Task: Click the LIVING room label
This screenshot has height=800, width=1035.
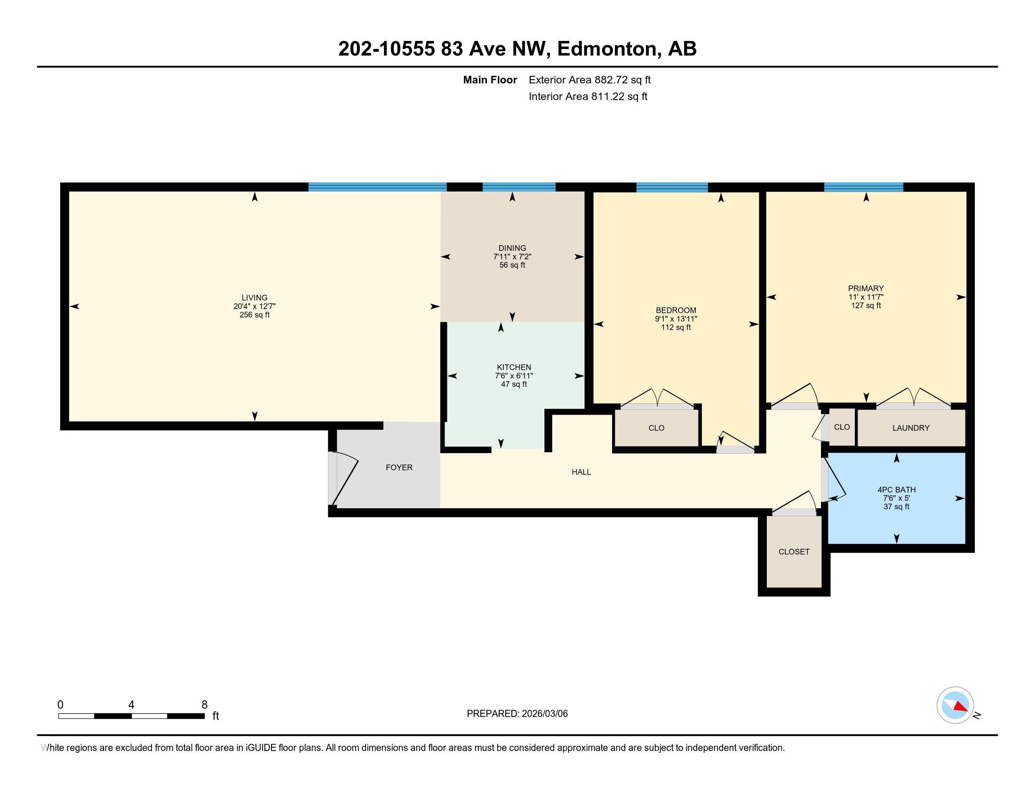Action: click(x=255, y=297)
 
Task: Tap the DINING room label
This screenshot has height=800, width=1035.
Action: click(x=512, y=248)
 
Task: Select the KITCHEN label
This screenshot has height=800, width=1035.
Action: click(x=514, y=368)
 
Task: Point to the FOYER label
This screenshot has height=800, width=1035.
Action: click(x=399, y=467)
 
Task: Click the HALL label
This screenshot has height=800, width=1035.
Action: click(x=581, y=472)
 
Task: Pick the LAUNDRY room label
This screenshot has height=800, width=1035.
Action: click(x=911, y=428)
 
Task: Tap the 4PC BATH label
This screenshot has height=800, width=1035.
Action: click(x=897, y=489)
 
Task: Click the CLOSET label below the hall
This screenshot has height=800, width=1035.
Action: click(x=794, y=552)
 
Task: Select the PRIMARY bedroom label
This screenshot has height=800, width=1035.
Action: click(x=866, y=288)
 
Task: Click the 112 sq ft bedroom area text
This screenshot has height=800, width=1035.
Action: click(x=676, y=328)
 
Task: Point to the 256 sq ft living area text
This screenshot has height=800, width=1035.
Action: click(x=255, y=315)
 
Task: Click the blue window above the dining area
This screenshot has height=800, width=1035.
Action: click(x=519, y=187)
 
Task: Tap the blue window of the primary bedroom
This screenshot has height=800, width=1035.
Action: click(x=863, y=187)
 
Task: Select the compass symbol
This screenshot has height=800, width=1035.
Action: click(x=955, y=705)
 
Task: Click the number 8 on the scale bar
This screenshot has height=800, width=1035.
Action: click(x=205, y=705)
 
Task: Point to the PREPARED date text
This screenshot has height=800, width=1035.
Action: click(x=517, y=714)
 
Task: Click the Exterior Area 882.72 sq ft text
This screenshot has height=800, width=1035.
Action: click(x=590, y=80)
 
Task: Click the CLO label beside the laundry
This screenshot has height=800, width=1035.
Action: click(x=842, y=427)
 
